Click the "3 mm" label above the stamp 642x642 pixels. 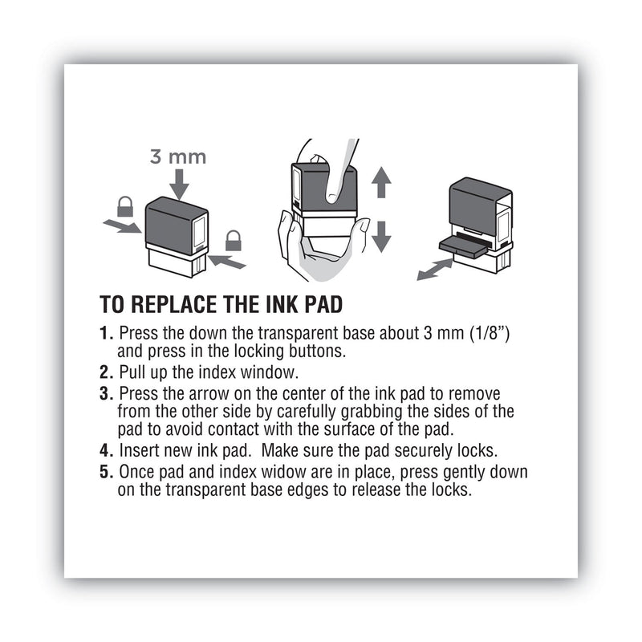click(177, 156)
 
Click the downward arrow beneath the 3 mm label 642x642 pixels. click(178, 185)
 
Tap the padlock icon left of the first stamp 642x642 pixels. click(125, 207)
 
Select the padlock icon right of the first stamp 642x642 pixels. click(233, 239)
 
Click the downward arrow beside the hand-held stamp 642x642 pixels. click(382, 236)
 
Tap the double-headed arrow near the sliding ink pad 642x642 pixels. click(434, 270)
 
